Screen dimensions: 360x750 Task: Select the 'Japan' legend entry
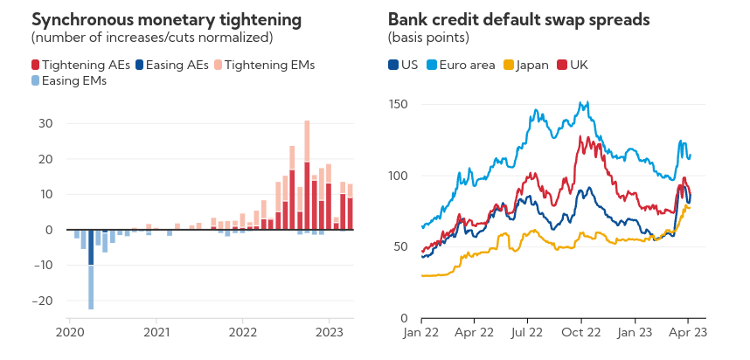531,65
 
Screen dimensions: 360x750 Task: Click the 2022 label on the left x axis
242,332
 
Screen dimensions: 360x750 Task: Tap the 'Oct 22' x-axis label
581,332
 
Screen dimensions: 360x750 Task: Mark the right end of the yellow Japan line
690,207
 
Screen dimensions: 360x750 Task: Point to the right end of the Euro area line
691,156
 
